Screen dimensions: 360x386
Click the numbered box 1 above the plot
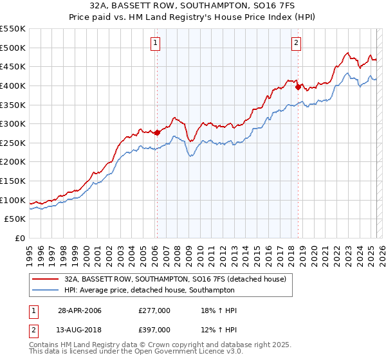pos(156,44)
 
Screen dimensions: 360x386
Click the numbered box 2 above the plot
pos(296,44)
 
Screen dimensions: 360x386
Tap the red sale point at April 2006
pos(157,132)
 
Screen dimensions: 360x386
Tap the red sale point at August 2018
pos(298,87)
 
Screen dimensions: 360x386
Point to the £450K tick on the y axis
pos(13,66)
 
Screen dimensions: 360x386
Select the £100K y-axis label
pos(13,200)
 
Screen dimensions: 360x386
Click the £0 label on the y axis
pos(21,238)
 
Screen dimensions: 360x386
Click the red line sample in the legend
pos(45,279)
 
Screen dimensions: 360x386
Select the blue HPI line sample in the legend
pos(45,290)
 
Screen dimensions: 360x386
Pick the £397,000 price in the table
pos(154,330)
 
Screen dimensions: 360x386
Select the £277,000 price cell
pos(154,310)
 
